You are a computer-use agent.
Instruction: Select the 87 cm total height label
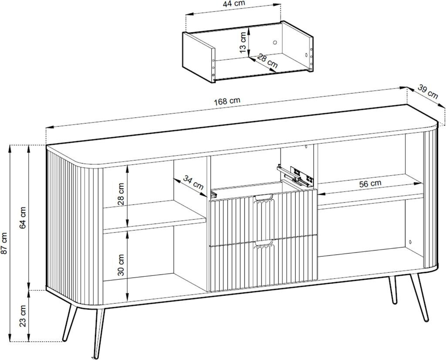click(x=4, y=243)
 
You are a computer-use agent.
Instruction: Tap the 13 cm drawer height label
click(x=242, y=42)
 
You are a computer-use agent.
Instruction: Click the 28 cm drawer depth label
click(x=267, y=61)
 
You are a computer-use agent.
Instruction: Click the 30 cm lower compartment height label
click(x=122, y=265)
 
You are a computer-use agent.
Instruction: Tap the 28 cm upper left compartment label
click(x=122, y=194)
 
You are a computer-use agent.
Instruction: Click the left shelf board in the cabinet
click(x=154, y=215)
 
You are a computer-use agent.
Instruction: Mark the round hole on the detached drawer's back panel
click(x=275, y=42)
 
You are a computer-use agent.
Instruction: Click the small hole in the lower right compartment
click(x=410, y=242)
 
